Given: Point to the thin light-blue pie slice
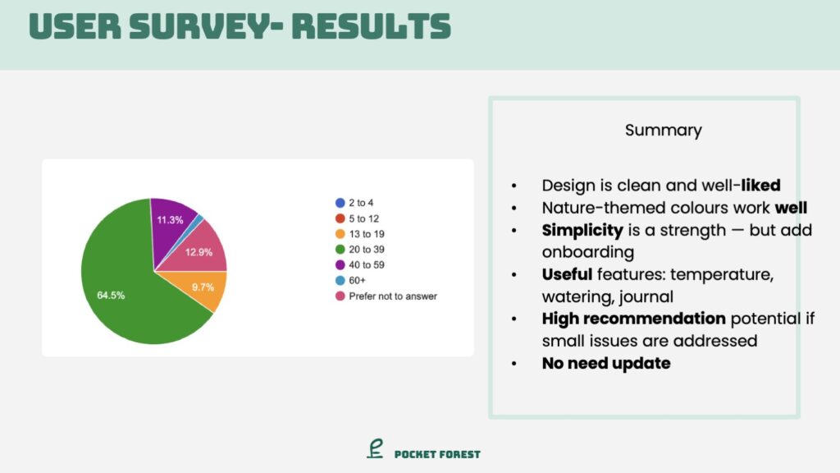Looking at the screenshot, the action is [199, 218].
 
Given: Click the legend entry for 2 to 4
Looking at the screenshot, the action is [354, 203].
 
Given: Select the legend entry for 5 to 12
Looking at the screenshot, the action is [357, 218].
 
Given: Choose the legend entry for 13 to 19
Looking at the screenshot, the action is [359, 234].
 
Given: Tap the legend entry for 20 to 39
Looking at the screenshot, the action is [359, 250].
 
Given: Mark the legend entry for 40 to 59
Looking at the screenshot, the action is [359, 265].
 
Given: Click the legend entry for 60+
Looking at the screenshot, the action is [350, 281].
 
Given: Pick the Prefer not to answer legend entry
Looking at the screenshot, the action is [386, 296].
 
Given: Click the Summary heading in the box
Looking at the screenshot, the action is [663, 131].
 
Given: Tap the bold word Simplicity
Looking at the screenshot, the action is [582, 230].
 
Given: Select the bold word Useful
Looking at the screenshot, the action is [567, 274].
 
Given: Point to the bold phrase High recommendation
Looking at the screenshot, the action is [634, 319].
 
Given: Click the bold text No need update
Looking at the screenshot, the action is [606, 363].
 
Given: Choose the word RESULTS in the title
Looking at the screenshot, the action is [372, 26].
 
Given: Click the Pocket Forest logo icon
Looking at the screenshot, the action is [375, 449].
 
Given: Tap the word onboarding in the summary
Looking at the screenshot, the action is [587, 252].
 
